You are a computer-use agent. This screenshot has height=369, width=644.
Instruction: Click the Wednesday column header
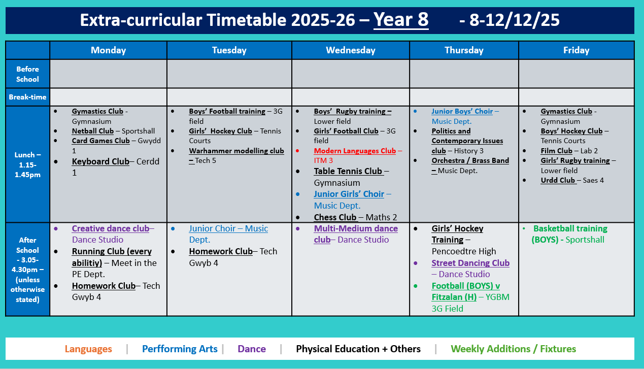pos(351,50)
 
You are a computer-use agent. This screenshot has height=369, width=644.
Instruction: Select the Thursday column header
pos(464,50)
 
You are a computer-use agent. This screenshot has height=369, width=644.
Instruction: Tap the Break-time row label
pos(27,97)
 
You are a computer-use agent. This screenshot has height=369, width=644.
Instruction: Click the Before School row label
pos(27,74)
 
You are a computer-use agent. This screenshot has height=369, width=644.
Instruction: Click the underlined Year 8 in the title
pos(401,20)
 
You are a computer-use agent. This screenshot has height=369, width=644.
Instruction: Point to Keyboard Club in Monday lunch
pos(100,161)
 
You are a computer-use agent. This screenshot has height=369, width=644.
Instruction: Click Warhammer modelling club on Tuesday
pos(236,151)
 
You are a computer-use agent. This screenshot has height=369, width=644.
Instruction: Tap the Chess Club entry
pos(335,217)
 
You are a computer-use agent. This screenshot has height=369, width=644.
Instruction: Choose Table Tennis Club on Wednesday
pos(348,172)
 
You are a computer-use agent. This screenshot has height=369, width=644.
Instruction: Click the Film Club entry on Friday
pos(557,151)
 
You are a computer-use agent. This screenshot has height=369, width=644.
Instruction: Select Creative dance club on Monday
pos(111,228)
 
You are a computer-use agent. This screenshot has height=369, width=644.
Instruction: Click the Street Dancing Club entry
pos(470,263)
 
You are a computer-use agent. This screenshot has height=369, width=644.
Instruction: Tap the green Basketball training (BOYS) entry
pos(570,228)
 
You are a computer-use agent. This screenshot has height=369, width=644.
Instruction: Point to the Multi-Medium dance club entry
pos(356,229)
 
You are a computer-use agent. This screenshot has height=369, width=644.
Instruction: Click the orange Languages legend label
pos(88,349)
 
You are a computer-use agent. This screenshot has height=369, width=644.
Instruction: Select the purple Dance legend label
pos(252,349)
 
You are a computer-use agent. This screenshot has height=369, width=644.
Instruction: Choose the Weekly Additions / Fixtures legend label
pos(514,349)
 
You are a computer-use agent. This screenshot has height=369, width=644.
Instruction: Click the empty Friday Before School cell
pos(577,74)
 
